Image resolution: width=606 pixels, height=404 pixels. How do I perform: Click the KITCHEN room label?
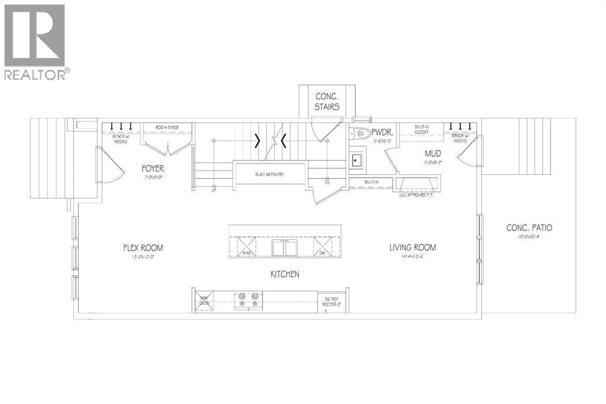pyautogui.click(x=285, y=274)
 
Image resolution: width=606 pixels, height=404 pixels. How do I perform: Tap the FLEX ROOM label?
pyautogui.click(x=140, y=248)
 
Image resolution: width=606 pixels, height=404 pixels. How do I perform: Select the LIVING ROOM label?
pyautogui.click(x=412, y=248)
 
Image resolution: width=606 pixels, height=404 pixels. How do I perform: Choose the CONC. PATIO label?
pyautogui.click(x=530, y=227)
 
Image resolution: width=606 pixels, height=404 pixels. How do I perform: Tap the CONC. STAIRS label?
pyautogui.click(x=327, y=101)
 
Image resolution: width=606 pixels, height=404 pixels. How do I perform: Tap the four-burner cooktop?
pyautogui.click(x=247, y=299)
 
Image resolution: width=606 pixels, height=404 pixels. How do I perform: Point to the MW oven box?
pyautogui.click(x=204, y=300)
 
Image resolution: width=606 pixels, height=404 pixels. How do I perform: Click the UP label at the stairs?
pyautogui.click(x=213, y=190)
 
